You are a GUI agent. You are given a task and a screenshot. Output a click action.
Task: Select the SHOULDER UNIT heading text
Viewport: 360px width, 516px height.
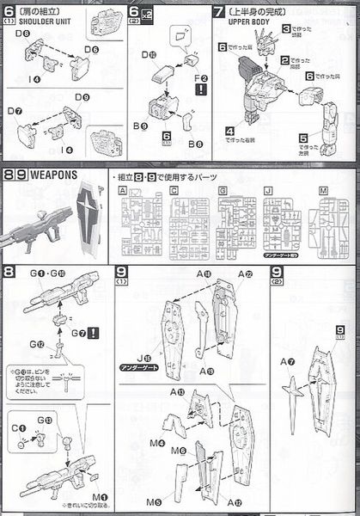pos(35,22)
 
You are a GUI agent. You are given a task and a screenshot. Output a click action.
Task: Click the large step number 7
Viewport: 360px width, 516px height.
pos(220,11)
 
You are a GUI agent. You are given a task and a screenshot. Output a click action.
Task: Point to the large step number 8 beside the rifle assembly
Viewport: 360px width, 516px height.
pos(9,273)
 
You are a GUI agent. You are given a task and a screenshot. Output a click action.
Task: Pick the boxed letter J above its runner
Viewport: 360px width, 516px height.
pos(268,190)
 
